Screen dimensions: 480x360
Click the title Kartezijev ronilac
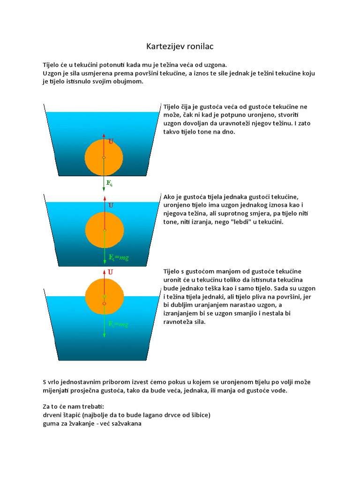(180, 47)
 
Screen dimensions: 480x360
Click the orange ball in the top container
(104, 157)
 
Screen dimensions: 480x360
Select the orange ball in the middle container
(104, 230)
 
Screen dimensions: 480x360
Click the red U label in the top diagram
(111, 141)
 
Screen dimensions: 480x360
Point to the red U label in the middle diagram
(111, 205)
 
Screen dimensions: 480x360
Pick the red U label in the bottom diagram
(111, 271)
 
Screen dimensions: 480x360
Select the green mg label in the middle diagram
(119, 257)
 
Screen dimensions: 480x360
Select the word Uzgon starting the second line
(52, 74)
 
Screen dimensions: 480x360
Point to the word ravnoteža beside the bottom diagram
(181, 322)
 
